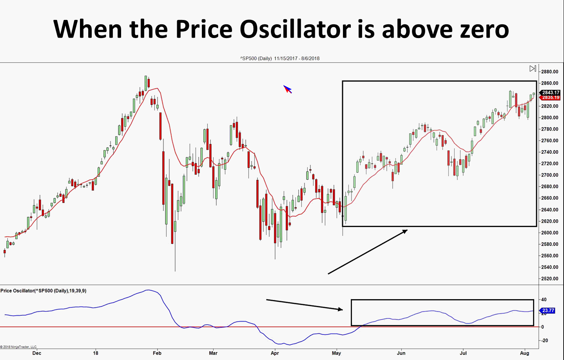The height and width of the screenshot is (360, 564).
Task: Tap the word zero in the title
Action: [484, 30]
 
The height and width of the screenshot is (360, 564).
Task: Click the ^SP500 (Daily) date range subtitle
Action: [280, 58]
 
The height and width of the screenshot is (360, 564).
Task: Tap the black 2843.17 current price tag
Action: [550, 93]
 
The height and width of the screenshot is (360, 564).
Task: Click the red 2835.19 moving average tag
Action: [550, 98]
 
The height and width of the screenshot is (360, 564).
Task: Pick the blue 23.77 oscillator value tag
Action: [548, 311]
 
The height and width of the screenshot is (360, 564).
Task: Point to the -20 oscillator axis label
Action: [544, 340]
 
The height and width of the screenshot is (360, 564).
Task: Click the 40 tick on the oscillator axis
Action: [544, 300]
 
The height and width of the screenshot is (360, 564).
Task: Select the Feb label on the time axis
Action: [157, 353]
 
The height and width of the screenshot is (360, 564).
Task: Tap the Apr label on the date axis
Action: [275, 353]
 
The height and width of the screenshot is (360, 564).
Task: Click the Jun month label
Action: [401, 353]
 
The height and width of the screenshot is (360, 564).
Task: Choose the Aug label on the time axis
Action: [524, 353]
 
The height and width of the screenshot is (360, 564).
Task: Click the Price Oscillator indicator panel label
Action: [44, 291]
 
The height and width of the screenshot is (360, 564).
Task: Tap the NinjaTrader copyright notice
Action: [18, 347]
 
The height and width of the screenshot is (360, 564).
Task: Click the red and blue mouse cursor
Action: [287, 89]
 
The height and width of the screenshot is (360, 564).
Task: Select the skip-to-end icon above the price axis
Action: [533, 69]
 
